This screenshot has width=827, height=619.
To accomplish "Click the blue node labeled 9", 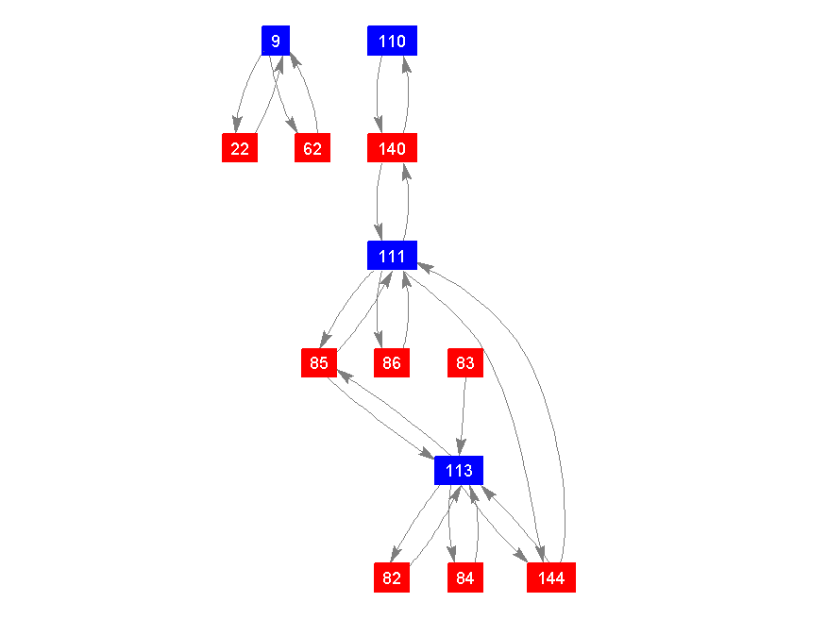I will point(276,41).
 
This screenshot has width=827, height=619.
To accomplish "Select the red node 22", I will point(240,148).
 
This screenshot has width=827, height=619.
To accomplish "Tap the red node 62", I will point(312,148).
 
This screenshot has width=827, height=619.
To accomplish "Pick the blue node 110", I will point(392,41).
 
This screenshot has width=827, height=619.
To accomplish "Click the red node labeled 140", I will point(392,148).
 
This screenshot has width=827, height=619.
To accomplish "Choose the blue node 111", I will point(392,255).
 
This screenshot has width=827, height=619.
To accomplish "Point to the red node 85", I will point(319,362).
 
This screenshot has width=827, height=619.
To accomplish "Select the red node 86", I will point(392,362).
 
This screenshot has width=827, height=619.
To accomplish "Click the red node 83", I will point(464,362).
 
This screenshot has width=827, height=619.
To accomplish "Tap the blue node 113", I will point(459,470).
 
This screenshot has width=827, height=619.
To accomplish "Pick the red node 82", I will point(392,577).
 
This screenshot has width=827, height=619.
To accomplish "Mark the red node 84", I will point(464,577).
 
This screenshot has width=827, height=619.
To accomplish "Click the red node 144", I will point(551,577).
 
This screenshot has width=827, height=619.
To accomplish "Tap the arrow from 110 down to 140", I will point(378,94).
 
